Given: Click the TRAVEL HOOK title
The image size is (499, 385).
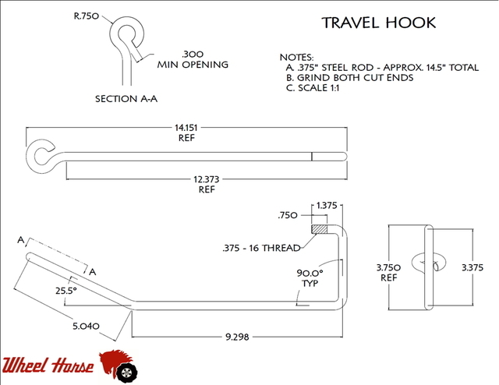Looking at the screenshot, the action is (378, 23).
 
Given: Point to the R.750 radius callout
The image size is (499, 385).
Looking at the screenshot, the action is (87, 16).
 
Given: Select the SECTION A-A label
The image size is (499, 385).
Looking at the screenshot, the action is (126, 99).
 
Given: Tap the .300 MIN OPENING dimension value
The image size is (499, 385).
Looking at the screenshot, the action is (193, 59).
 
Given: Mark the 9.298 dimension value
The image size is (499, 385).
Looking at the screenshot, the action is (237, 337).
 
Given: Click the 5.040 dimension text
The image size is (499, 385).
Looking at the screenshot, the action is (86, 326).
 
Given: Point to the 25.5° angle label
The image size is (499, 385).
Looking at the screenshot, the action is (65, 291).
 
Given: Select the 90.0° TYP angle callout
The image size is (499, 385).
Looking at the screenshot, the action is (310, 277).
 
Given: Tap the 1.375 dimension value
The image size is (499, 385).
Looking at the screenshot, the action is (327, 206).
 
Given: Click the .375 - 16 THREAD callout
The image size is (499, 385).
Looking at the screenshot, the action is (262, 248).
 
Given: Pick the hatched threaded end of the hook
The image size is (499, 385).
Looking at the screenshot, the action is (319, 229).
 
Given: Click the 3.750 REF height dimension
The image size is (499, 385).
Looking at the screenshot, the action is (388, 272).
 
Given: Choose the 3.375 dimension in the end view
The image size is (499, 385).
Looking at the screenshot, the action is (472, 267).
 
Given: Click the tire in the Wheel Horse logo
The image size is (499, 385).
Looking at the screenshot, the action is (126, 373).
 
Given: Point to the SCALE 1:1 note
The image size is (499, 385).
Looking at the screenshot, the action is (313, 88).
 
